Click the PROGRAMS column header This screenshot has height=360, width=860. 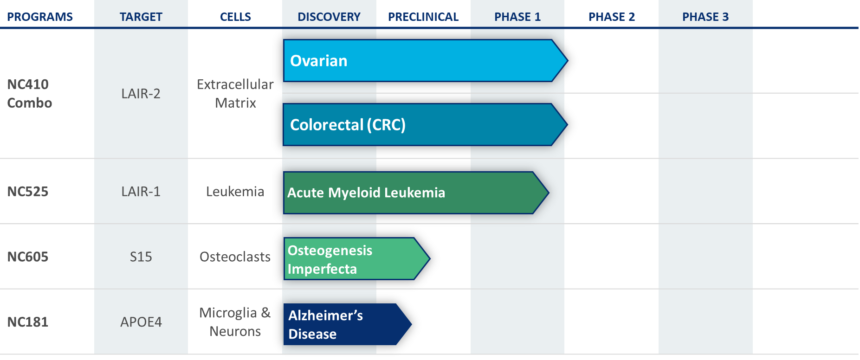(x=40, y=17)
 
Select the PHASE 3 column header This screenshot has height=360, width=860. (x=705, y=17)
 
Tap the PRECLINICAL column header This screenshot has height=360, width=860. (x=423, y=17)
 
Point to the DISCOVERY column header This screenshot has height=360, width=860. (x=329, y=17)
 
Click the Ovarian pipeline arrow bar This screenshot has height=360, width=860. (x=425, y=61)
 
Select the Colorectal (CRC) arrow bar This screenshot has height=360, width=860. (x=425, y=125)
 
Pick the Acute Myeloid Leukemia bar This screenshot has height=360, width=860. (x=416, y=193)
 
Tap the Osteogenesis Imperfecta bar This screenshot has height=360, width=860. (x=356, y=259)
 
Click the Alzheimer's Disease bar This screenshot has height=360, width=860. (x=347, y=324)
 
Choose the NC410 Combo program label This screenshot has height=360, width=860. (x=30, y=94)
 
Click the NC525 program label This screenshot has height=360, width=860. (x=28, y=192)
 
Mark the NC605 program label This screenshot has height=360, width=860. (x=28, y=257)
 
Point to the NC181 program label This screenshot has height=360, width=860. (x=28, y=322)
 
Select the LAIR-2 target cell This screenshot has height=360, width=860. (x=141, y=94)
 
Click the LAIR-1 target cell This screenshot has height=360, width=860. (x=141, y=192)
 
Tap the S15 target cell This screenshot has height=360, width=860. (x=141, y=257)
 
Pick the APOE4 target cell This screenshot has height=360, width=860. (x=141, y=322)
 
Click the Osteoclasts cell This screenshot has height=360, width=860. (x=235, y=257)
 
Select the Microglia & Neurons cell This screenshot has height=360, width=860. (x=235, y=322)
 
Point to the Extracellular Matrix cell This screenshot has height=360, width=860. (x=235, y=94)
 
